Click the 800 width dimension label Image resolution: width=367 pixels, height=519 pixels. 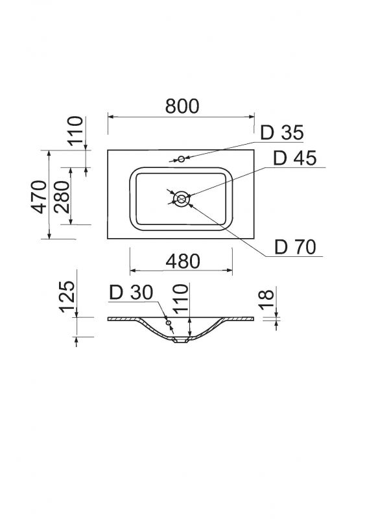(182, 106)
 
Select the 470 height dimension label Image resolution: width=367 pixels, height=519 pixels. (39, 197)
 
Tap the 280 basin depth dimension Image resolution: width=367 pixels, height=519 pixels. (62, 197)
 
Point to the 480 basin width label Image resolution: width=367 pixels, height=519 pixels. (183, 261)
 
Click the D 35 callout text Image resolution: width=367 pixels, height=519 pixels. (282, 132)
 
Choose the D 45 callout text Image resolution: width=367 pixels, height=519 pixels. (295, 158)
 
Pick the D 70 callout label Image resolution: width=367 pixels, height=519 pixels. (296, 247)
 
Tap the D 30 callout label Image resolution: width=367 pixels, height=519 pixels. (131, 293)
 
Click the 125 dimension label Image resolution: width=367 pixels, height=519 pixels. (67, 296)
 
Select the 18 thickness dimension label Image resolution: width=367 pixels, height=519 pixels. (266, 300)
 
